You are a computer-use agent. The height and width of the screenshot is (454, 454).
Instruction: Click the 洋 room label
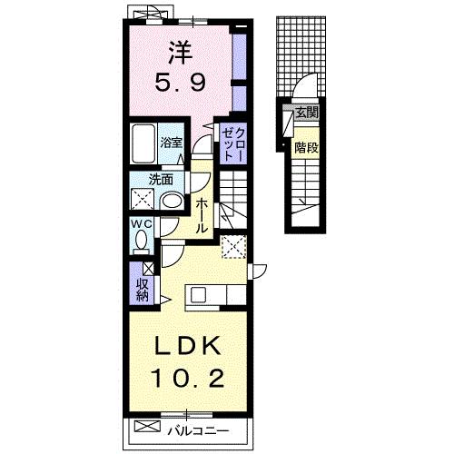[181, 54]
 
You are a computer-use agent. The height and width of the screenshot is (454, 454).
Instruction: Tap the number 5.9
[181, 83]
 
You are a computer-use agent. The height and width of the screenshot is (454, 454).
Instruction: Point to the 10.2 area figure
[189, 378]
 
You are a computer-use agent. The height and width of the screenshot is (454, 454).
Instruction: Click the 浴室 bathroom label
[172, 143]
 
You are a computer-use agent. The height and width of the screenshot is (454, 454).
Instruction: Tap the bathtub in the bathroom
[143, 144]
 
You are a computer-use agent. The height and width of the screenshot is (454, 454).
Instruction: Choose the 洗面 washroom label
[161, 181]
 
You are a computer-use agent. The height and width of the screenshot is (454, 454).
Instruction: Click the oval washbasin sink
[172, 201]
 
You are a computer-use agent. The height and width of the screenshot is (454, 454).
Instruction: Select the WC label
[141, 224]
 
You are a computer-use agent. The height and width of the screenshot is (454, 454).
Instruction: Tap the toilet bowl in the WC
[141, 240]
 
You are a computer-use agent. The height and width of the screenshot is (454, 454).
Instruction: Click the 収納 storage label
[142, 290]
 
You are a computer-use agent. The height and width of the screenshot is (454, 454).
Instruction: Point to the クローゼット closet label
[233, 143]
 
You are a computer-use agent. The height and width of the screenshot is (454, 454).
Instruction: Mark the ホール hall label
[202, 216]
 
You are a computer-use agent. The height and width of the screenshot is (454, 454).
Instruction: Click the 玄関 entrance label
[307, 113]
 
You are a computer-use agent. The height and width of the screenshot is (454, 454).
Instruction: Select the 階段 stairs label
[307, 148]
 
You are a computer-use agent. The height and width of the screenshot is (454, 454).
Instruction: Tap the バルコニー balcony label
[198, 430]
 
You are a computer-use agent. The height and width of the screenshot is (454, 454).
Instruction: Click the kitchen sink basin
[199, 295]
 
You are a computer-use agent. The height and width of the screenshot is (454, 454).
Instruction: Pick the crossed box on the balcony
[147, 426]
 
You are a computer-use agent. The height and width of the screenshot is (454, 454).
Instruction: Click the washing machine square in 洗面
[143, 199]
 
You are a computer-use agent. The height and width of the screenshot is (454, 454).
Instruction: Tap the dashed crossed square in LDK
[234, 247]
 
